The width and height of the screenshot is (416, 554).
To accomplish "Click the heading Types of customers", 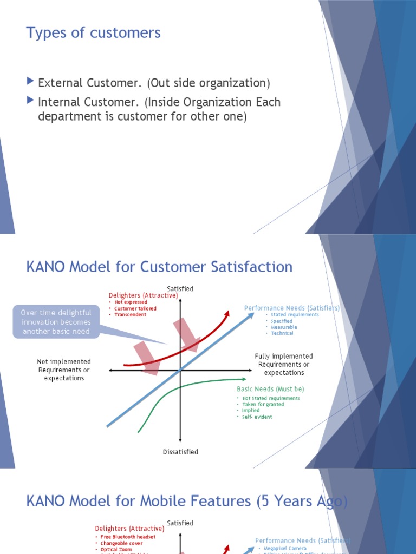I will click(x=93, y=33).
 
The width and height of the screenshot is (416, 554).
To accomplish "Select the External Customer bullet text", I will click(x=153, y=83).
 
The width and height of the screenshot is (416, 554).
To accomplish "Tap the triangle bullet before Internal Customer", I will click(x=30, y=101).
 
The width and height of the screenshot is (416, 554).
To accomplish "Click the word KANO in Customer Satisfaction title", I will click(x=46, y=267).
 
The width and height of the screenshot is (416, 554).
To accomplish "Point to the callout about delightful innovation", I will click(x=56, y=322).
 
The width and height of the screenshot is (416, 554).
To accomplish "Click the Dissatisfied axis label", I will click(x=180, y=452).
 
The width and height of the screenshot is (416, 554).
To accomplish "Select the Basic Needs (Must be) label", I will click(x=270, y=389).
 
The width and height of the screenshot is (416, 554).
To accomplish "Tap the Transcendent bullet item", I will click(x=130, y=315).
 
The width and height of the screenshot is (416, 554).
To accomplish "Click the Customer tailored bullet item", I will click(x=135, y=308).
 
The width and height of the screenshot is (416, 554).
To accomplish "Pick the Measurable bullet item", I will click(x=284, y=327).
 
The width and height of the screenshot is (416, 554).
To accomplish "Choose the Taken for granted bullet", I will click(x=263, y=404).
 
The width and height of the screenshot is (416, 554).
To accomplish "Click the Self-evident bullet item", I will click(x=257, y=417).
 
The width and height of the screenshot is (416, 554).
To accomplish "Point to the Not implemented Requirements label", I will click(x=64, y=370).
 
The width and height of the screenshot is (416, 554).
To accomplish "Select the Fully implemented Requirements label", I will click(x=284, y=365).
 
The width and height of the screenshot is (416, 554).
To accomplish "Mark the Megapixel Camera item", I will click(x=285, y=549).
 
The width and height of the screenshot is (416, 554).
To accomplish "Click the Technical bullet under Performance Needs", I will click(x=282, y=333).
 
